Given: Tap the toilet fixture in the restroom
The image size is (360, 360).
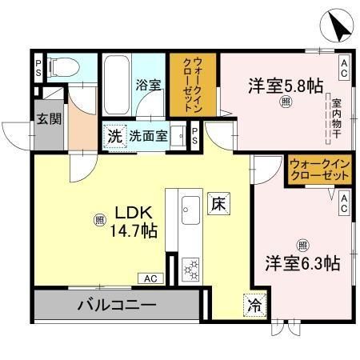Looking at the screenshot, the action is (x=64, y=67).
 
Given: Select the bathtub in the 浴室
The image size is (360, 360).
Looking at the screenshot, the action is (x=117, y=85).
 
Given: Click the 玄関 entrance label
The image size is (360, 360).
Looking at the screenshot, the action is (x=49, y=118).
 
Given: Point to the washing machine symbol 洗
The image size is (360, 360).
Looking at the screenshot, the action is (x=115, y=137).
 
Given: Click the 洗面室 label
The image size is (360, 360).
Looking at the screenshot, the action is (x=148, y=136).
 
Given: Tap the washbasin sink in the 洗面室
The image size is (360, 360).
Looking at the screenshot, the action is (x=178, y=136).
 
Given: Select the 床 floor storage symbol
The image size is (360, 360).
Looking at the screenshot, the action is (x=218, y=204).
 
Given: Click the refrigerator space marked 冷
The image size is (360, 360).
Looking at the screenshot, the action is (x=255, y=306).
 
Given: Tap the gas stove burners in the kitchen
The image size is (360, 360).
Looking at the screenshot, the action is (x=190, y=270).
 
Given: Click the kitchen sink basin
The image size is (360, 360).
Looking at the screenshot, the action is (x=190, y=210).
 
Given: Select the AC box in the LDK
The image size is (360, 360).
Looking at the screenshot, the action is (x=150, y=278).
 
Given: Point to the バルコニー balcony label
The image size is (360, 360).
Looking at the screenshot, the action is (x=117, y=305).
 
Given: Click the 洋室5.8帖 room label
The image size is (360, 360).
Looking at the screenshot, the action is (x=286, y=86).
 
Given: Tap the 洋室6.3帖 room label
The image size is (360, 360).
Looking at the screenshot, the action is (x=302, y=263).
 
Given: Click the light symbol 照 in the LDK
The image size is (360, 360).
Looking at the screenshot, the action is (x=100, y=220).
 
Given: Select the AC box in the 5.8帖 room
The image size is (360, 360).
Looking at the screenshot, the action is (x=344, y=68).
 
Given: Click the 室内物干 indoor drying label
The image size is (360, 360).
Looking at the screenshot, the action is (x=337, y=118).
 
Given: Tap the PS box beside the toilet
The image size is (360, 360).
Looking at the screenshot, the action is (x=38, y=68).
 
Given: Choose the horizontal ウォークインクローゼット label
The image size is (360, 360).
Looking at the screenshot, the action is (x=320, y=170).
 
